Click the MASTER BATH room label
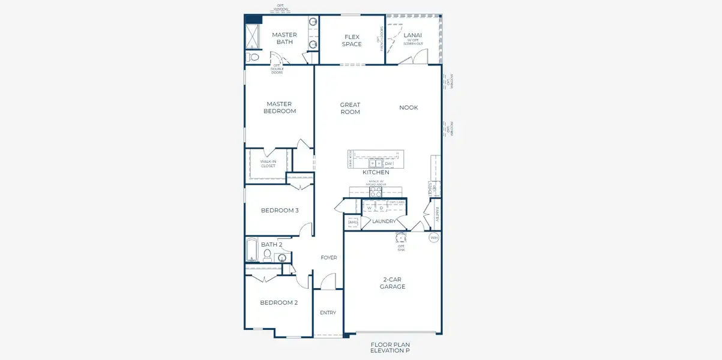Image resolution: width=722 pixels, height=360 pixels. [x=284, y=38]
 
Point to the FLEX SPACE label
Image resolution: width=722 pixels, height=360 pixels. [x=352, y=40]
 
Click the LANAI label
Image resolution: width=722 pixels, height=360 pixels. [x=412, y=35]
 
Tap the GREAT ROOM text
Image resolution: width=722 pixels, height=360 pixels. [x=350, y=109]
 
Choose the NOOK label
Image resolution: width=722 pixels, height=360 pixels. [x=409, y=108]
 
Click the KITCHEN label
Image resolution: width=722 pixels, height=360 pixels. [x=376, y=173]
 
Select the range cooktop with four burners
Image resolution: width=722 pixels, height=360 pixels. [x=376, y=192]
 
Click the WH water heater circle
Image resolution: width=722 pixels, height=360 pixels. [x=433, y=238]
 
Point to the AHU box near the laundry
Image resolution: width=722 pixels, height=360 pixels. [x=353, y=222]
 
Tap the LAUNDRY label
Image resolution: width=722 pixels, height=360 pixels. [x=384, y=221]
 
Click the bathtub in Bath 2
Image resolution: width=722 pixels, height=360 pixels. [x=253, y=250]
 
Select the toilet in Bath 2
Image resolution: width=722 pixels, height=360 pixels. [x=268, y=256]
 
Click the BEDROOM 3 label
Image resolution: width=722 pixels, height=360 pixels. [x=280, y=211]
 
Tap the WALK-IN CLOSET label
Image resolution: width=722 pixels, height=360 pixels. [x=268, y=164]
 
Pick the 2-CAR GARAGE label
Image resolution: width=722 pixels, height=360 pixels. [x=393, y=283]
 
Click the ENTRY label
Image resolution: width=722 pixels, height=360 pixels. [x=328, y=313]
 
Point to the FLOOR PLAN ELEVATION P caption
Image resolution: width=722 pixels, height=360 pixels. [x=390, y=347]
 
